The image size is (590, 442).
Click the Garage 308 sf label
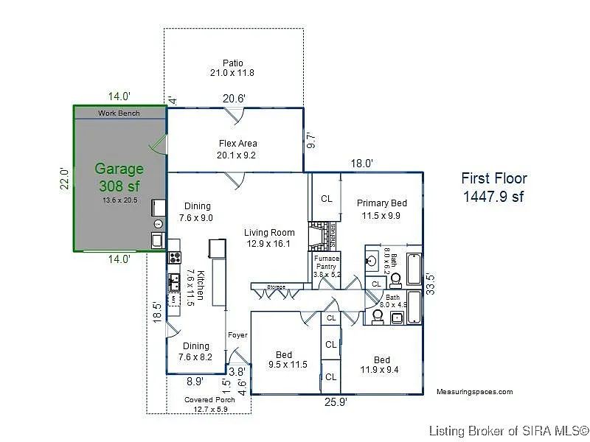point(119,178)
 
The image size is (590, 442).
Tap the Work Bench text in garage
point(119,113)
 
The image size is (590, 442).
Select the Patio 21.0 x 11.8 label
point(233,68)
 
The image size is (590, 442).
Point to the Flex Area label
point(237,150)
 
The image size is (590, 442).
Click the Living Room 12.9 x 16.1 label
point(269,238)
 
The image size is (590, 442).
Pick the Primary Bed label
point(381,209)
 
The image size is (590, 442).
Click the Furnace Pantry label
point(325,266)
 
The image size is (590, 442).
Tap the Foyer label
point(237,335)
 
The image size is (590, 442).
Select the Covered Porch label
point(209,404)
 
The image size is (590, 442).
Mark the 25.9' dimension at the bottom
point(336,403)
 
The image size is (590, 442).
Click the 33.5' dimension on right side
point(431,283)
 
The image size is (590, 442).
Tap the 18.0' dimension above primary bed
point(361,164)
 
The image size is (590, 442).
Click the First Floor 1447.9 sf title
point(493,187)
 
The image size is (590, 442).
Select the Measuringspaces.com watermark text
point(474,392)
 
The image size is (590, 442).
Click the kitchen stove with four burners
point(175,257)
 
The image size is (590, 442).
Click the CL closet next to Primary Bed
point(326,199)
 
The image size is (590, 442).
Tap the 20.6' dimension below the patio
point(235,98)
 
